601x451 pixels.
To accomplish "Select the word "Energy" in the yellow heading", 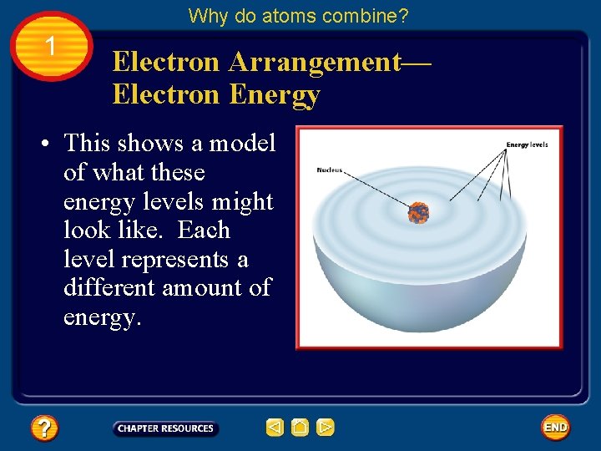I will (x=274, y=95).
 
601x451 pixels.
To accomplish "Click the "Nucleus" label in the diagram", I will (x=330, y=170).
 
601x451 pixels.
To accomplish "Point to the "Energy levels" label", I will (x=527, y=145).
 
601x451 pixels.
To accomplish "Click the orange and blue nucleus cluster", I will (x=418, y=212).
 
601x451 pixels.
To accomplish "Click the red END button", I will (x=555, y=428).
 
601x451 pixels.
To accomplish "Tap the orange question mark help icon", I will (x=44, y=428).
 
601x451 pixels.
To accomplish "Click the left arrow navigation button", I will (x=275, y=428).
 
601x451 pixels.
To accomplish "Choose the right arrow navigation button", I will (x=326, y=428).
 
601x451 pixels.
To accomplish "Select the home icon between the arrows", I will (x=300, y=428).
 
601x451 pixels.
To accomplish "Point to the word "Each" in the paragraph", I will (x=204, y=231).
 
